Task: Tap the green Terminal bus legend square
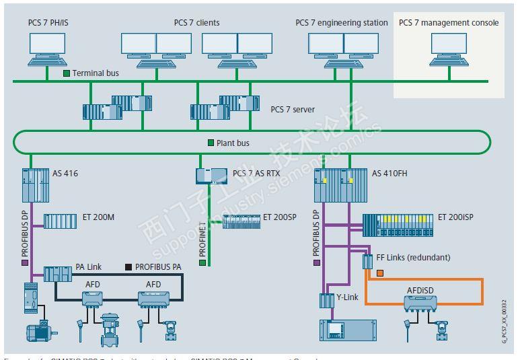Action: (x=67, y=73)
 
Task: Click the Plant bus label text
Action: (x=233, y=143)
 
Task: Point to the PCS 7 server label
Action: (x=293, y=109)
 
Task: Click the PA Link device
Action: (x=58, y=274)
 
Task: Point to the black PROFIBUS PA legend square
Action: (x=128, y=267)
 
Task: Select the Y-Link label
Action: (x=348, y=297)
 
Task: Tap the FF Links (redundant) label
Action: (x=413, y=257)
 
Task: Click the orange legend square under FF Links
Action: (x=379, y=273)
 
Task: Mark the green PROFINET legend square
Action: (x=202, y=262)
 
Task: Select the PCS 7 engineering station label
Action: (x=341, y=23)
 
